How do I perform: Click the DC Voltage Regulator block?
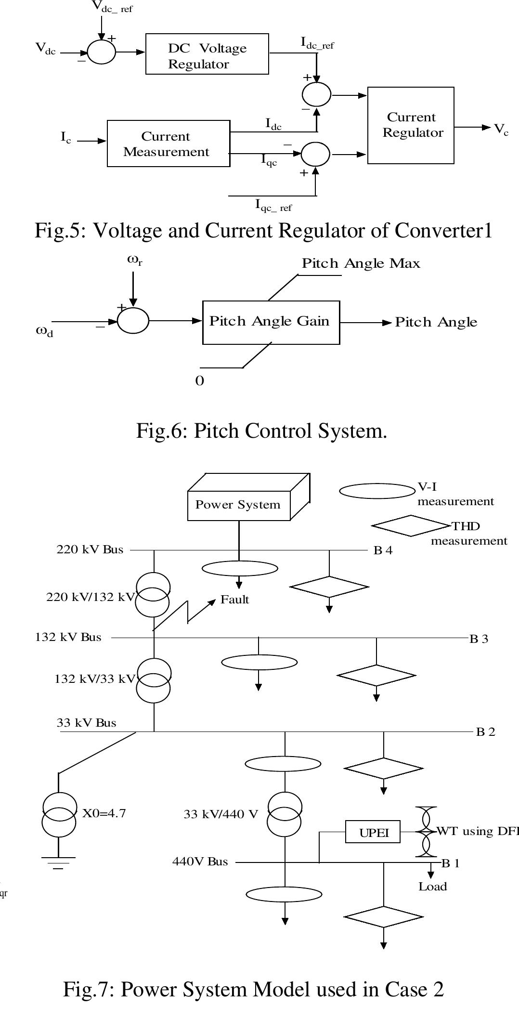point(207,54)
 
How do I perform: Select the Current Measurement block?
point(168,144)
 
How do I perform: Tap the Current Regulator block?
point(411,125)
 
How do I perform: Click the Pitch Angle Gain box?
point(271,322)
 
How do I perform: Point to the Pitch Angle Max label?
point(361,263)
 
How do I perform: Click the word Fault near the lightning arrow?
point(234,600)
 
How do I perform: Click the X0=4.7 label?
point(104,813)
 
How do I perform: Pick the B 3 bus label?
point(479,639)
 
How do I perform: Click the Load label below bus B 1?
point(432,887)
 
